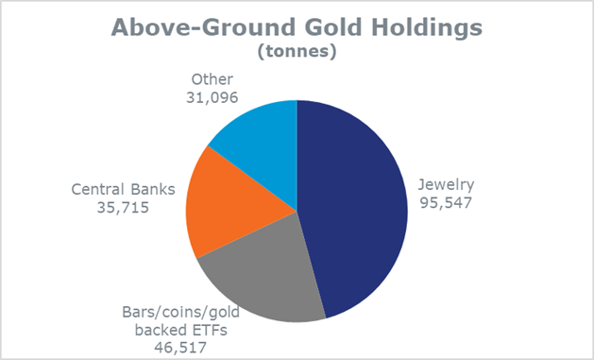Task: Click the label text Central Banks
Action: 124,190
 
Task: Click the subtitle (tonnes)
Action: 297,51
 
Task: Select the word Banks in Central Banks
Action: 154,190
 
